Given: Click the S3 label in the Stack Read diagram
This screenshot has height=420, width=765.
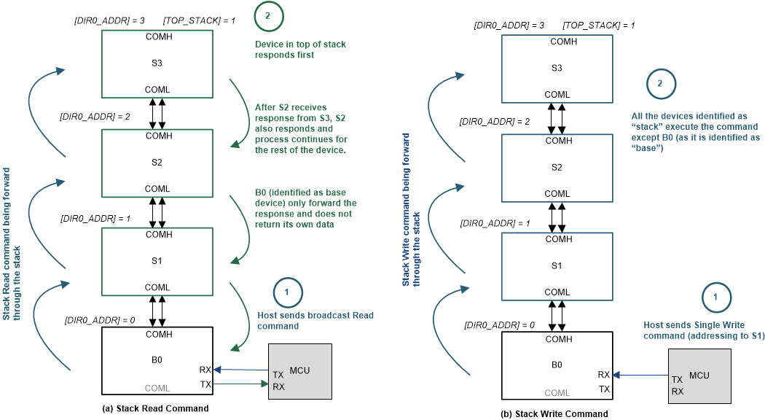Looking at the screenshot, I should coord(157,63).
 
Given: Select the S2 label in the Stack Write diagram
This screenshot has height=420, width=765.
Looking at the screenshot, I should coord(557,167).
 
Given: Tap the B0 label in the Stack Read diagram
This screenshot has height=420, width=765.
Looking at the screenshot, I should coord(157,359).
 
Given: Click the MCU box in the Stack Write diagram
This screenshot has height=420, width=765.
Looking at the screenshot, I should coord(699,376).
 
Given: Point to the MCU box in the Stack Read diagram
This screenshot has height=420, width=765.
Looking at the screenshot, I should coord(300,372).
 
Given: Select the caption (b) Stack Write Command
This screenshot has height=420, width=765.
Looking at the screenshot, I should coord(554,413).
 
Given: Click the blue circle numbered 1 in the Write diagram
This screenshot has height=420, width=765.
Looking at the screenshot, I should coord(715,297).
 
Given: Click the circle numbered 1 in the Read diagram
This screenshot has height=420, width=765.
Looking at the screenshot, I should coord(288,292).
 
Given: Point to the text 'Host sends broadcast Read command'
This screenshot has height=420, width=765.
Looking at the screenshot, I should coord(315,321).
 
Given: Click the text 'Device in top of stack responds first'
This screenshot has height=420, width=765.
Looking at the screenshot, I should coord(300,50).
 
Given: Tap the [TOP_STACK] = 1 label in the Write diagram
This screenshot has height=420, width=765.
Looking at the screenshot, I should coord(598,26).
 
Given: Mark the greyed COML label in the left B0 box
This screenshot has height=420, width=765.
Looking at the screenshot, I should coord(157,388).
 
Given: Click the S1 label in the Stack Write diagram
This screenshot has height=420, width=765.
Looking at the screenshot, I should coord(557,265).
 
